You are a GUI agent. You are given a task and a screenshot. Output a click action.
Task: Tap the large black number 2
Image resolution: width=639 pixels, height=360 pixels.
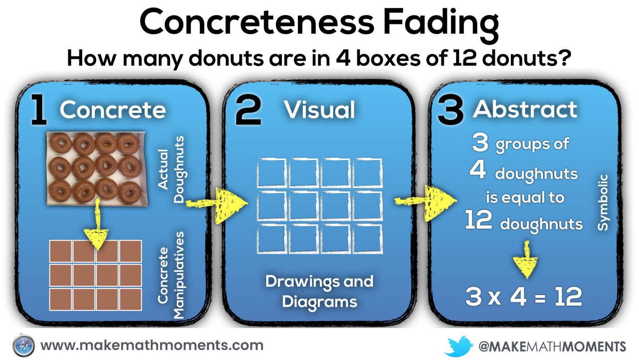click(x=248, y=110)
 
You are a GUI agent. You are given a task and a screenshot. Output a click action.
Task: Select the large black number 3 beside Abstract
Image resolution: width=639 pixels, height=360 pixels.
click(x=450, y=111)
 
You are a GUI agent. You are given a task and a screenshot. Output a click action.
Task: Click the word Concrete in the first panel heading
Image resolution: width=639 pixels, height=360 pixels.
click(x=113, y=110)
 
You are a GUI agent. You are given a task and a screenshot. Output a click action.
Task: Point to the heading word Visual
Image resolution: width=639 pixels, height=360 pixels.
click(x=319, y=110)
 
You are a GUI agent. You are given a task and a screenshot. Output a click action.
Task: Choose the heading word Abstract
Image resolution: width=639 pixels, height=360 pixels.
click(x=525, y=109)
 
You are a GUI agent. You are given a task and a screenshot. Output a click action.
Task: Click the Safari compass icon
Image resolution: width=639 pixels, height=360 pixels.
click(x=23, y=346)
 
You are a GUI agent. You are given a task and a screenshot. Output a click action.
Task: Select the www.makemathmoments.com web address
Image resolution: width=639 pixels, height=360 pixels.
click(x=152, y=345)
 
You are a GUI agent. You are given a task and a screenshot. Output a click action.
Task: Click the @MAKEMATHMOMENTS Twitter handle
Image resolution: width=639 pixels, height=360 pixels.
click(x=552, y=346)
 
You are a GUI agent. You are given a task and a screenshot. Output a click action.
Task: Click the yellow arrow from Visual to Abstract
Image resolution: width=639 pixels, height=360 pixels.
click(x=428, y=202)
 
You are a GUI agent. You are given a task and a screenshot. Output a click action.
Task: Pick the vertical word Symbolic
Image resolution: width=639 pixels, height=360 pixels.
click(x=603, y=202)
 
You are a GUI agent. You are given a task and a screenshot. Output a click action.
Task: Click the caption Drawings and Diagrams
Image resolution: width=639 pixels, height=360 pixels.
click(x=319, y=291)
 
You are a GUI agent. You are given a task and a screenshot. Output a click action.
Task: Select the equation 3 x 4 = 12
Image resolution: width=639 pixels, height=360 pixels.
click(x=523, y=297)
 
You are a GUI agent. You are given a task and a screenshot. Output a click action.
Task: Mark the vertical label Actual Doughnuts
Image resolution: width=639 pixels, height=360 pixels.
click(x=171, y=169)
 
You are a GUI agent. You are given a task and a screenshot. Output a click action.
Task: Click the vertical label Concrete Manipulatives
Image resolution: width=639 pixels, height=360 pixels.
click(x=171, y=275)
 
